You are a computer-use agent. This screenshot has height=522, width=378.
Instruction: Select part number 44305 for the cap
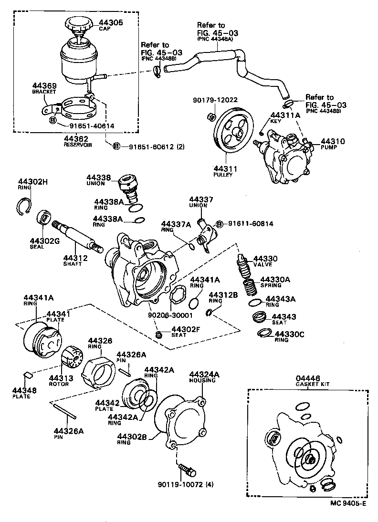tap(111, 22)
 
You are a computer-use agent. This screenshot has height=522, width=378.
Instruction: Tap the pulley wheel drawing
tap(231, 131)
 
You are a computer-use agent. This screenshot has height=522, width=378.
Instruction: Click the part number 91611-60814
tap(249, 223)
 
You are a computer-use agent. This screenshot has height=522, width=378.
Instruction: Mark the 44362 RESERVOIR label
tap(77, 141)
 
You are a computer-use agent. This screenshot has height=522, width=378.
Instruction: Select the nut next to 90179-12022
tap(210, 116)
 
